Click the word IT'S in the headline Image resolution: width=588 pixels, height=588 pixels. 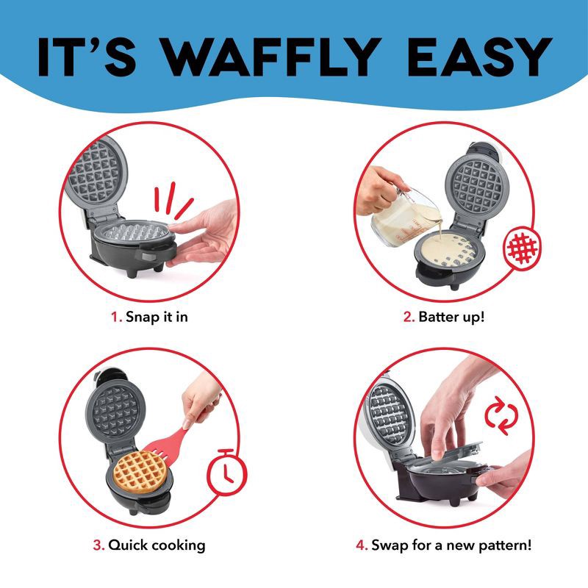tap(87, 57)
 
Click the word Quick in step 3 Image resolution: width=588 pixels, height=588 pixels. tap(128, 545)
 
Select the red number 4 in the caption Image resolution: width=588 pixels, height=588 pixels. tap(362, 545)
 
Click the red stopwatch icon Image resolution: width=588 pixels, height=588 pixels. tap(226, 472)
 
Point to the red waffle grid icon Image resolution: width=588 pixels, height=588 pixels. tap(523, 248)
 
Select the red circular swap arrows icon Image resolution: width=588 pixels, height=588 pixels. tap(501, 415)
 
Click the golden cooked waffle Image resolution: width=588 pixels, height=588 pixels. tap(139, 472)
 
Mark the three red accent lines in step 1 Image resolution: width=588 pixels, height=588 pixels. tap(173, 200)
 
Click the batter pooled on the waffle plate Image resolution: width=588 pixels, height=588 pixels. tap(448, 250)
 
